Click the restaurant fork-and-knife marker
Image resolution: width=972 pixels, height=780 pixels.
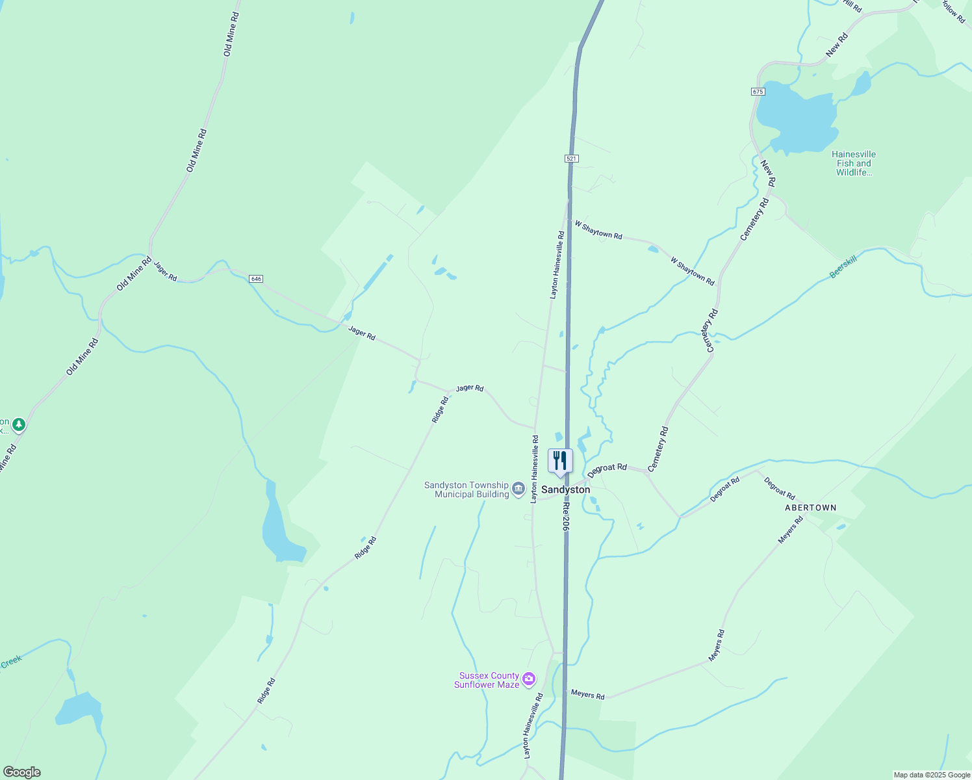pos(560,461)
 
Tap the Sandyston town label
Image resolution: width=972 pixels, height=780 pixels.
pos(565,489)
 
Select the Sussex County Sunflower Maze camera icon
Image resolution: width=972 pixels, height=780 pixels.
pos(529,679)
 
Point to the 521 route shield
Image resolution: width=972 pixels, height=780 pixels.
pos(571,159)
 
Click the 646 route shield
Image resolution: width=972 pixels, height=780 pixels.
pos(256,279)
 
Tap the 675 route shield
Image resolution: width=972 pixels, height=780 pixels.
pos(758,92)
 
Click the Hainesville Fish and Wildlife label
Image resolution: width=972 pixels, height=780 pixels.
pos(854,163)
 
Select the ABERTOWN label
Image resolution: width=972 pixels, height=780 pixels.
pos(810,508)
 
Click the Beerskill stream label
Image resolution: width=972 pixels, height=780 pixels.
pos(843,267)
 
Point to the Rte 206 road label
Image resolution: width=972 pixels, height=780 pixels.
pos(566,516)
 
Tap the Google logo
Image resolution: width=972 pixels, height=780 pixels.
pos(21,772)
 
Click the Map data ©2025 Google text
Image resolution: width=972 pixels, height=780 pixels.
pos(932,775)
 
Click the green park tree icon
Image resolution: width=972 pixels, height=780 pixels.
pos(19,424)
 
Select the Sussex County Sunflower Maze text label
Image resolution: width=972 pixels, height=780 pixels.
pos(487,680)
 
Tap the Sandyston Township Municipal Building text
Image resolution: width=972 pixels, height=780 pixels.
pos(467,489)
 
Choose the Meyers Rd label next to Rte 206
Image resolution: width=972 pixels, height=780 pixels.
pos(587,695)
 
